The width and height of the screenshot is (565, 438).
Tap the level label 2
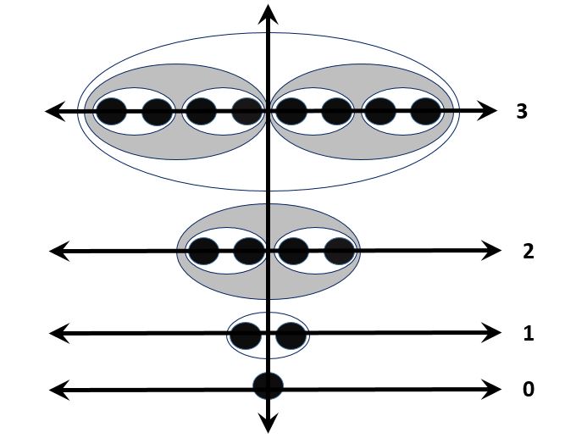pos(528,251)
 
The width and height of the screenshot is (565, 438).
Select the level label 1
pos(528,333)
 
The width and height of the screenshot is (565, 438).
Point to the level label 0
pos(528,390)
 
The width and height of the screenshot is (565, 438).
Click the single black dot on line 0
pos(268,385)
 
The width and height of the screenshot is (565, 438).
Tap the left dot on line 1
pos(246,335)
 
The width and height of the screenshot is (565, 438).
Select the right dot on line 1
pos(290,335)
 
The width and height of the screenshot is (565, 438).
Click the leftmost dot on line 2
pos(203,251)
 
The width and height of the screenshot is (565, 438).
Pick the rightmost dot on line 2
pos(338,251)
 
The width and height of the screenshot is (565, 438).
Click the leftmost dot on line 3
pos(111,111)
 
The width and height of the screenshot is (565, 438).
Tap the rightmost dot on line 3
pos(426,111)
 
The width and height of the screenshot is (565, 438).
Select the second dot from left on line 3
pos(157,111)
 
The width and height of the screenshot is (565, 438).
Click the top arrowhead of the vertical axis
pos(269,11)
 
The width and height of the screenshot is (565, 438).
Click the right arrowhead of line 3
pos(488,111)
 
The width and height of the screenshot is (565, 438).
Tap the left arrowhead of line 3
pos(54,111)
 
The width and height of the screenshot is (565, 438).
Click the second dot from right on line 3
pos(381,111)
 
